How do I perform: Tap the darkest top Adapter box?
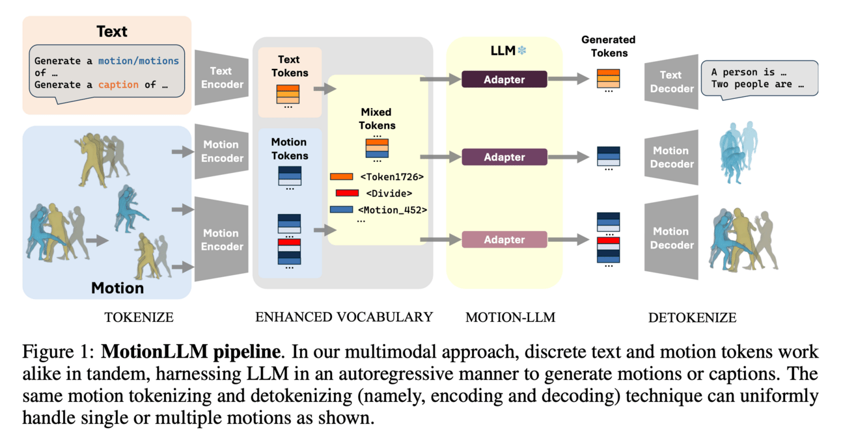(504, 79)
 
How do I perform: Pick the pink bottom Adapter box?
(504, 240)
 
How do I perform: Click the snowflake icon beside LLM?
(521, 50)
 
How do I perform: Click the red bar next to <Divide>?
(347, 193)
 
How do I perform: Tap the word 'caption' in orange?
(118, 85)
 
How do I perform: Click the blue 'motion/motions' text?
(138, 61)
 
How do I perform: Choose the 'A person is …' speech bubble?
(758, 78)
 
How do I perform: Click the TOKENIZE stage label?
(139, 318)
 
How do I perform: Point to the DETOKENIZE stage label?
(692, 318)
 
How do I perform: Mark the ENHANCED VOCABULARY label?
(344, 317)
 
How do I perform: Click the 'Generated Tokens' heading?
(609, 46)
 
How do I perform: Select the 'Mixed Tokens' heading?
(377, 119)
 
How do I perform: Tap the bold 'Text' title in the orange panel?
(112, 31)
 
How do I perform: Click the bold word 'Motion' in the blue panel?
(117, 287)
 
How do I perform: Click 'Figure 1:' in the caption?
(59, 353)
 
